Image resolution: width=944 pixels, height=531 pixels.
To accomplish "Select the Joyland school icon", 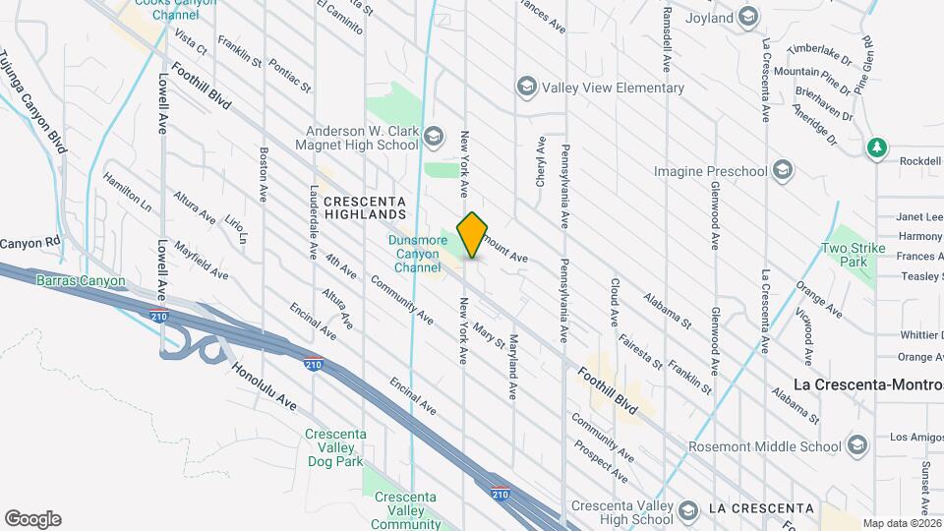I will pyautogui.click(x=748, y=18).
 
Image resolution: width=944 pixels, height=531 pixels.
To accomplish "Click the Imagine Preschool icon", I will pyautogui.click(x=782, y=171).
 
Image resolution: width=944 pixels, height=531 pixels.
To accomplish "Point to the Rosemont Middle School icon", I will pyautogui.click(x=856, y=446).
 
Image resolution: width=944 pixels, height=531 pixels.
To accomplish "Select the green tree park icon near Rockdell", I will pyautogui.click(x=876, y=148).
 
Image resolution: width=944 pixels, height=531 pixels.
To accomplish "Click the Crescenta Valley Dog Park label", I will pyautogui.click(x=335, y=448).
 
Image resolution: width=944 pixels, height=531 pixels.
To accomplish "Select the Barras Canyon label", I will pyautogui.click(x=82, y=281).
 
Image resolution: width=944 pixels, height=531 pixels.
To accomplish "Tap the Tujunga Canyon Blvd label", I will pyautogui.click(x=35, y=103).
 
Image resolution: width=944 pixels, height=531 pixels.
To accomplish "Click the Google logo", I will pyautogui.click(x=32, y=519).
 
